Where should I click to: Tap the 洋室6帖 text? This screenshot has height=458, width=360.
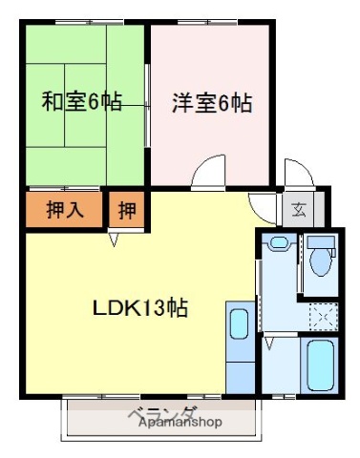pos(212,102)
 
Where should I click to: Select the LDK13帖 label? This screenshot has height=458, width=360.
pos(138,309)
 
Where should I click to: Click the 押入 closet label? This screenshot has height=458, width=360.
pos(65,209)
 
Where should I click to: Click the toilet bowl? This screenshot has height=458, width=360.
pos(319,260)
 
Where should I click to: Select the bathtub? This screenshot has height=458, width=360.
pos(318,364)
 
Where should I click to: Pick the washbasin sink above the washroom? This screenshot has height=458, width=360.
pos(278,242)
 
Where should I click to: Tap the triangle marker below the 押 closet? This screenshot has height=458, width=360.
pos(115,239)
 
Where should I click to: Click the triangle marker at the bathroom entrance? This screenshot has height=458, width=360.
pos(270,339)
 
